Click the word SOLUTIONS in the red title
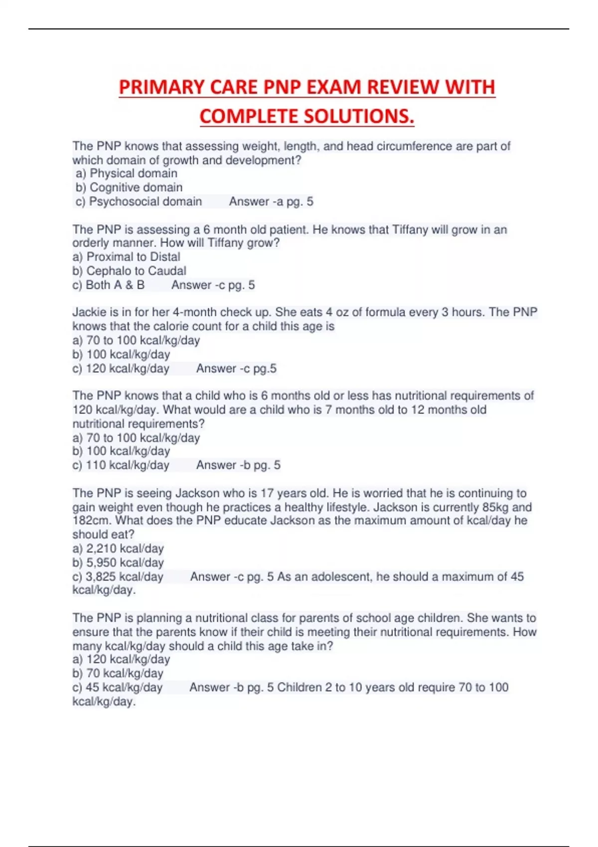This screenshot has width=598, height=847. [x=359, y=117]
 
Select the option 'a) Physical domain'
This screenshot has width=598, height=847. [x=127, y=173]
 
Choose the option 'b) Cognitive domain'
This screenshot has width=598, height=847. [x=129, y=187]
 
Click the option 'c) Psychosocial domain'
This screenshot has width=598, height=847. [x=139, y=201]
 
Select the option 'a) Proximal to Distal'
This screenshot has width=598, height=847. [x=126, y=257]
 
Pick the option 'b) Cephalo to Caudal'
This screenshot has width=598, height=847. [x=129, y=271]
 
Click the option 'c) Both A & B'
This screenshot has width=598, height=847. [x=108, y=285]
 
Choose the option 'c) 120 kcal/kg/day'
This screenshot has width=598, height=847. [x=121, y=369]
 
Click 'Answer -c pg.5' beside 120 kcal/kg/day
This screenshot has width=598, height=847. [x=236, y=369]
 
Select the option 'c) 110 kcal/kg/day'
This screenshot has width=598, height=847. [x=121, y=465]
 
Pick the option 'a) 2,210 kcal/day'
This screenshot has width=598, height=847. [x=118, y=549]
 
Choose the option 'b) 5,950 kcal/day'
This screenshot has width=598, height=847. [x=118, y=563]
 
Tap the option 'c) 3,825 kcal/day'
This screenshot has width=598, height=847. [x=118, y=576]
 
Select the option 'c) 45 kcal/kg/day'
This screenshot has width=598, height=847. [x=117, y=688]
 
